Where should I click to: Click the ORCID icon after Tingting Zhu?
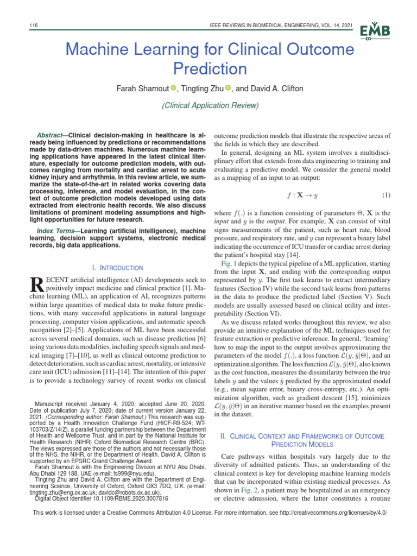coord(228,88)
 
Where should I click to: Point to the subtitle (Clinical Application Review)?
coord(210,105)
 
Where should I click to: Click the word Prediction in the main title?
coord(210,69)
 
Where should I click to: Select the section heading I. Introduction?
coord(118,268)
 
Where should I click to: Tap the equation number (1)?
coord(387,195)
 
